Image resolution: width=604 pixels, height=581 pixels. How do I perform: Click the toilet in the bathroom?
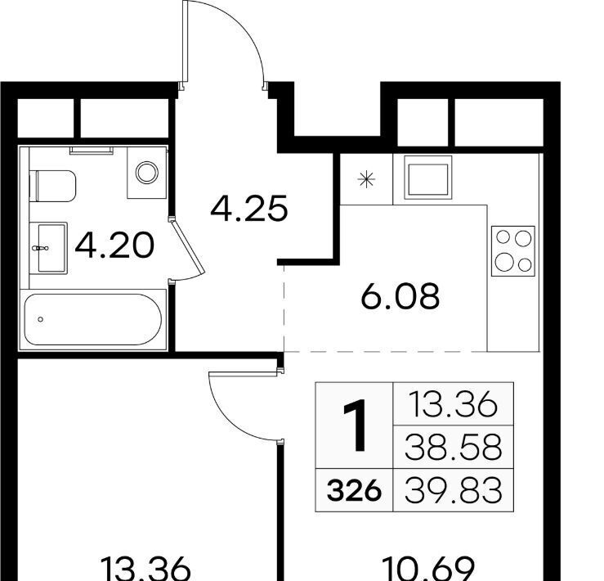(53, 186)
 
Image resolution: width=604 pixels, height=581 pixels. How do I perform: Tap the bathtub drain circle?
(40, 319)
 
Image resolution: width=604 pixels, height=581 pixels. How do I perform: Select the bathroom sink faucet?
(40, 248)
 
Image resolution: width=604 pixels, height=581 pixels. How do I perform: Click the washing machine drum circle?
(147, 173)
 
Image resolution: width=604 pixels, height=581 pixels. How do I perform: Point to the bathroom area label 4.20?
(114, 245)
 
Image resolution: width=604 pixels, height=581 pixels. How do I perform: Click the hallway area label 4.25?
(249, 209)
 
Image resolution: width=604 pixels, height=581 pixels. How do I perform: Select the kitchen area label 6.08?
(400, 296)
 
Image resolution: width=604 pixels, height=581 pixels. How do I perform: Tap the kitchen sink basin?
(428, 178)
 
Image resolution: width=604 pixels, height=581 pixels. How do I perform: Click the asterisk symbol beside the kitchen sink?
(366, 179)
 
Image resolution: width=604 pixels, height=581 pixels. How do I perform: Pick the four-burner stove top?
(513, 251)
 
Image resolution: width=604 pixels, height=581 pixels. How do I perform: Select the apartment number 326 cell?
(354, 491)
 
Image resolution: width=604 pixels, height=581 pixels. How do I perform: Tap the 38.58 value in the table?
(454, 447)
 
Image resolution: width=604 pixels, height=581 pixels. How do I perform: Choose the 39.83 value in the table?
(454, 490)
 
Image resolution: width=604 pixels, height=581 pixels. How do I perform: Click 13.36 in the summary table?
(453, 404)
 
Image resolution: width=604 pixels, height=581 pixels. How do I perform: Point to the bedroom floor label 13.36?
(145, 570)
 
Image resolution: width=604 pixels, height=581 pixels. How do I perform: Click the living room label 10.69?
(427, 570)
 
